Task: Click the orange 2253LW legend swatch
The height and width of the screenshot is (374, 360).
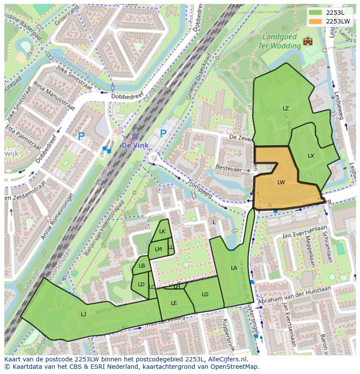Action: pyautogui.click(x=316, y=21)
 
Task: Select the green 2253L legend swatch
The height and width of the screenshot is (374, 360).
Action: pyautogui.click(x=316, y=13)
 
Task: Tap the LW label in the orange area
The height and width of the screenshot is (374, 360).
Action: pyautogui.click(x=281, y=182)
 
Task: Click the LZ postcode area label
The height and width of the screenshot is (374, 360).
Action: pyautogui.click(x=286, y=109)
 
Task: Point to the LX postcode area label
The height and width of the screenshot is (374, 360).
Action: pyautogui.click(x=311, y=156)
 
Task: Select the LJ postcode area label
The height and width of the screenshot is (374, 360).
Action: pyautogui.click(x=83, y=314)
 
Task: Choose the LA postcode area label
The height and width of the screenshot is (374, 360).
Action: pyautogui.click(x=234, y=268)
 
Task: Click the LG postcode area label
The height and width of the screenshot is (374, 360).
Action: pyautogui.click(x=205, y=295)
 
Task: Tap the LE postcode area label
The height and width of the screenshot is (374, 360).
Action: pyautogui.click(x=174, y=303)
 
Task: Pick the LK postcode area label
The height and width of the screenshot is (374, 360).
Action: pyautogui.click(x=162, y=232)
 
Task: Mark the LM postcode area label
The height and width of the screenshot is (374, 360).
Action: pyautogui.click(x=158, y=249)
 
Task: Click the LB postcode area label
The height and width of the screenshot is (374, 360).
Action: pyautogui.click(x=142, y=266)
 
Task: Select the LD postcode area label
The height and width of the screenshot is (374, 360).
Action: pyautogui.click(x=141, y=285)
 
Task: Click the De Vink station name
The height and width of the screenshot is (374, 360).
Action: pyautogui.click(x=135, y=146)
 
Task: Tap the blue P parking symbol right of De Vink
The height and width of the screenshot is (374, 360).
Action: pyautogui.click(x=163, y=134)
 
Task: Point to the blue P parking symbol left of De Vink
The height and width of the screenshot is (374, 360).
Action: pyautogui.click(x=81, y=136)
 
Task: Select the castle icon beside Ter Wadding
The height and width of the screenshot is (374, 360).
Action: pyautogui.click(x=308, y=41)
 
